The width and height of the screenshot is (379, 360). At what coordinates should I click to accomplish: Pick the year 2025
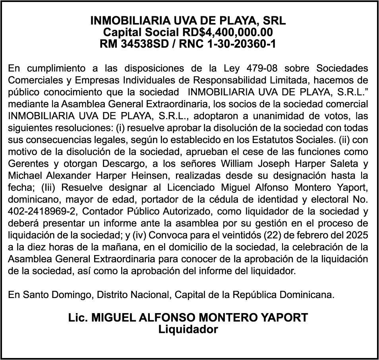(x=356, y=235)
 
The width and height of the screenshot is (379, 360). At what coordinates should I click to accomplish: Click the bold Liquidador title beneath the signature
(x=188, y=330)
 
